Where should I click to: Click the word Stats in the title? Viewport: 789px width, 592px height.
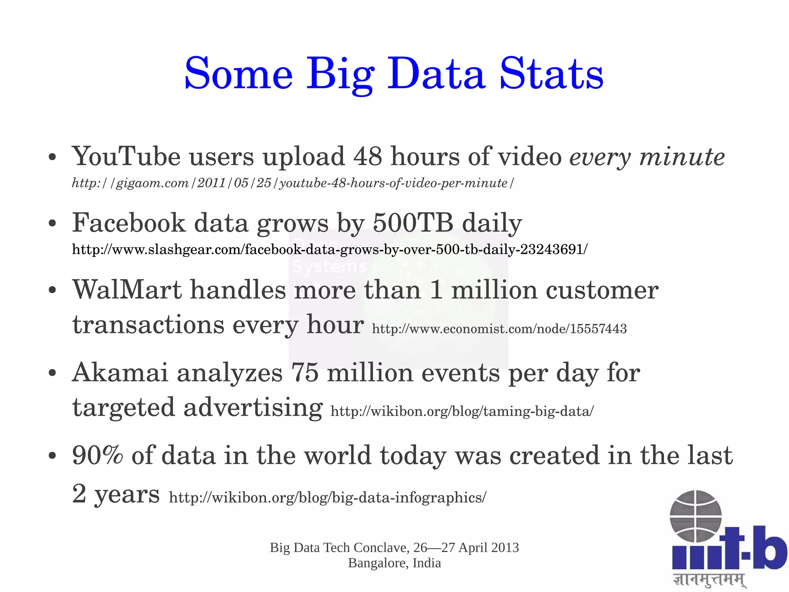point(551,74)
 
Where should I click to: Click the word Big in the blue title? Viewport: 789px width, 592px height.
point(340,74)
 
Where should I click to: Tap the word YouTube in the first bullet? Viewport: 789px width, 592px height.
point(126,157)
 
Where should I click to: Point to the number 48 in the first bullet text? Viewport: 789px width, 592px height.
point(368,157)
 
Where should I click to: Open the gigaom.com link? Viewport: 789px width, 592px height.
point(293,183)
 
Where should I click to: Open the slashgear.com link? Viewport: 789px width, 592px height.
point(330,250)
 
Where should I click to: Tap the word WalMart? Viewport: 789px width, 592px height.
point(127,290)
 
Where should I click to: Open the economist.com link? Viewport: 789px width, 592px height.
point(499,329)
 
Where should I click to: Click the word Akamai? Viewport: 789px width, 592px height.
point(120,373)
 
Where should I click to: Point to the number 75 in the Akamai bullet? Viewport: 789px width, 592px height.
point(305,373)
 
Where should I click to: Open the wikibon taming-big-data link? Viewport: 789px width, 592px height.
point(462,411)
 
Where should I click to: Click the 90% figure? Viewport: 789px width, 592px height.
point(97,455)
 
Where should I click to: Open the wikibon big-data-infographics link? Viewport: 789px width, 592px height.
point(327,498)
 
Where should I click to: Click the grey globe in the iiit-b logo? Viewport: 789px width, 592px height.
point(695,516)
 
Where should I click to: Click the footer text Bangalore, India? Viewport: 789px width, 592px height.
point(394,563)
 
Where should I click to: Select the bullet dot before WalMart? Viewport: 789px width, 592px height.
point(53,290)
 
